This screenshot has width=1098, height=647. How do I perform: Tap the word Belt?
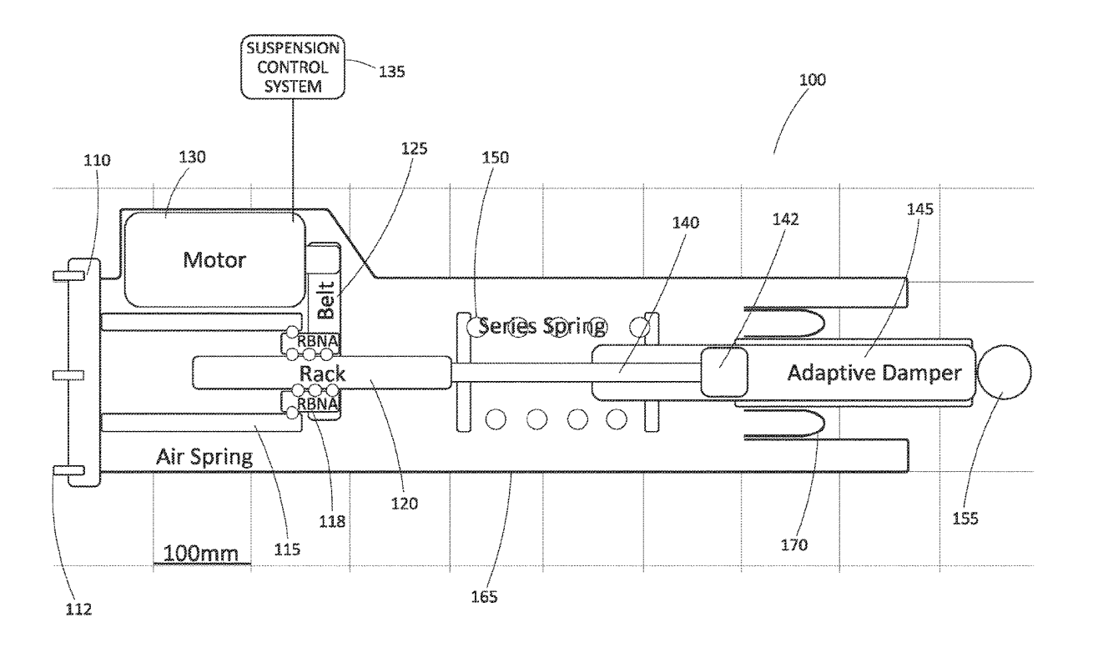point(326,300)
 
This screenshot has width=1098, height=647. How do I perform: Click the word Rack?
point(322,374)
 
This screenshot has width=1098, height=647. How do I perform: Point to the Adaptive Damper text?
point(874,374)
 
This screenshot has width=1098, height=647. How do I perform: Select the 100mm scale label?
point(200,554)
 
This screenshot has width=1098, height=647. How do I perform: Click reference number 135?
point(391,72)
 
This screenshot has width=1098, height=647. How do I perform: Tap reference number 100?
point(812,80)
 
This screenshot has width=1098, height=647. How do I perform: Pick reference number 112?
point(78,609)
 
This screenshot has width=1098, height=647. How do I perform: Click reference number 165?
point(484,596)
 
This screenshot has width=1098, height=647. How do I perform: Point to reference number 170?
point(793,544)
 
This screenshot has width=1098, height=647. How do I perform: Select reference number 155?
point(965,519)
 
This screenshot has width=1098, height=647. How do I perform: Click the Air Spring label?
point(204,457)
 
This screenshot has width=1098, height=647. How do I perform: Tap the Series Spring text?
point(542,326)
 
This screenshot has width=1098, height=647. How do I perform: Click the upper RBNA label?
point(318,341)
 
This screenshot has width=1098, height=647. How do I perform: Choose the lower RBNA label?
point(318,404)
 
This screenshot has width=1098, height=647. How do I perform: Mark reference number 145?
point(919,209)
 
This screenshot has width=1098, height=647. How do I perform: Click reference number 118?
point(332,522)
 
